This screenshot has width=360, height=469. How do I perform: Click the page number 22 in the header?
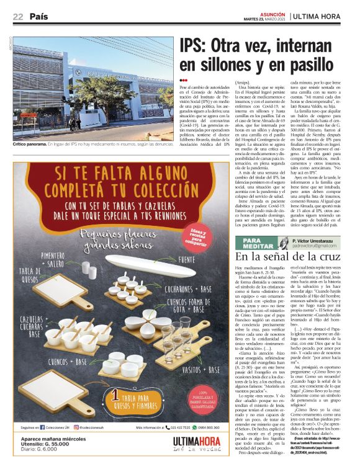click(x=18, y=17)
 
